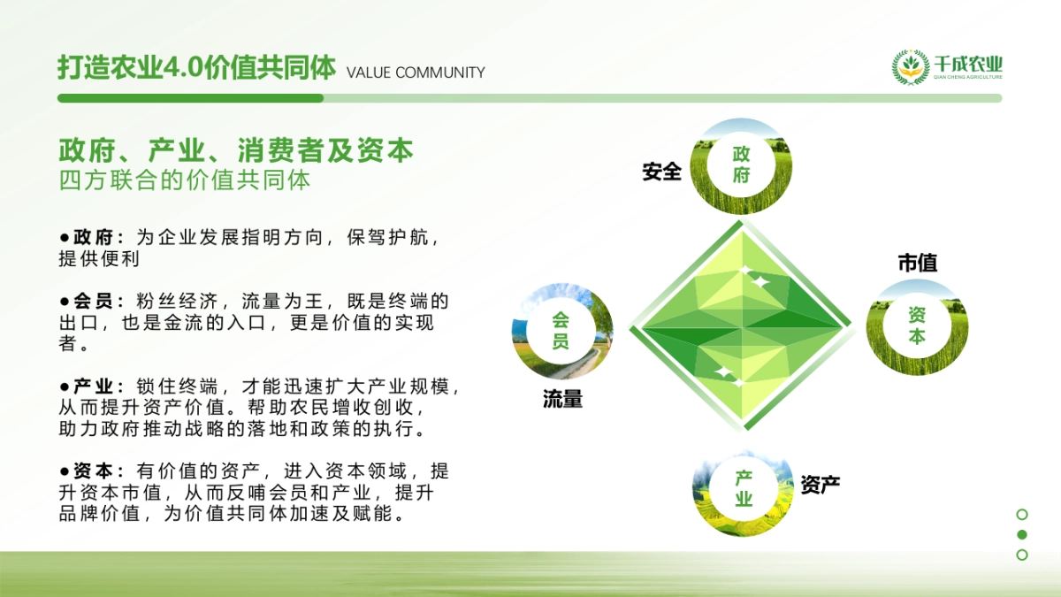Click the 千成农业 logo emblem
click(910, 67)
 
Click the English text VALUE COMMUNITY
click(416, 73)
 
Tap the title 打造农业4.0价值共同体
click(196, 68)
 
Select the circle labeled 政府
click(741, 165)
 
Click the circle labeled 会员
click(561, 331)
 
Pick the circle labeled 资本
click(917, 325)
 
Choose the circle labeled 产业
click(744, 488)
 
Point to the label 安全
click(661, 172)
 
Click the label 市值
click(917, 263)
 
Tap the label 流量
click(562, 400)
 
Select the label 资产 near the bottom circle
click(820, 484)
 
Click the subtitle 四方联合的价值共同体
click(185, 180)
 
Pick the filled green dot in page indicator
click(1022, 534)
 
